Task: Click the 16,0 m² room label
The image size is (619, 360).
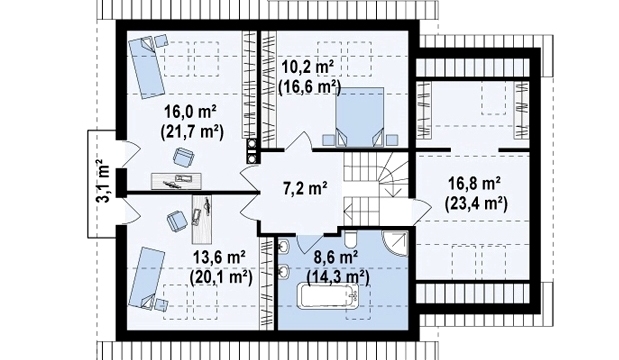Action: [190, 112]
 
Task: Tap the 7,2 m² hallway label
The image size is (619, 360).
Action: [305, 188]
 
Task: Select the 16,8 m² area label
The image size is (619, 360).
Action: [475, 184]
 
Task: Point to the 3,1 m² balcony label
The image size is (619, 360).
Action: [103, 181]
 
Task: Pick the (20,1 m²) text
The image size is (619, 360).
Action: [221, 278]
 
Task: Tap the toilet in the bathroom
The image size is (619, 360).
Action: [350, 238]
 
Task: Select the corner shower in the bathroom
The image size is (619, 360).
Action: [394, 244]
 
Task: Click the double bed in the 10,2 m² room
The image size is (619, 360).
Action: [359, 117]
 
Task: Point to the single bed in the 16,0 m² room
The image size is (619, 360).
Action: [146, 68]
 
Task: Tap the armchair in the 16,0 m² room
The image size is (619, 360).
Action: [184, 157]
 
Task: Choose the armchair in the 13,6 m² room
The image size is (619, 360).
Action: [176, 221]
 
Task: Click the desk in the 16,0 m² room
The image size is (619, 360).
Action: [176, 181]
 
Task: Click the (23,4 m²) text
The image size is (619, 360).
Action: [476, 204]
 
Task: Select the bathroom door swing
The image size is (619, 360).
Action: [310, 244]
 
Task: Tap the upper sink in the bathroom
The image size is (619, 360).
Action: [284, 247]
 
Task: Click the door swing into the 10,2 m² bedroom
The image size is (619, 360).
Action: [299, 141]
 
